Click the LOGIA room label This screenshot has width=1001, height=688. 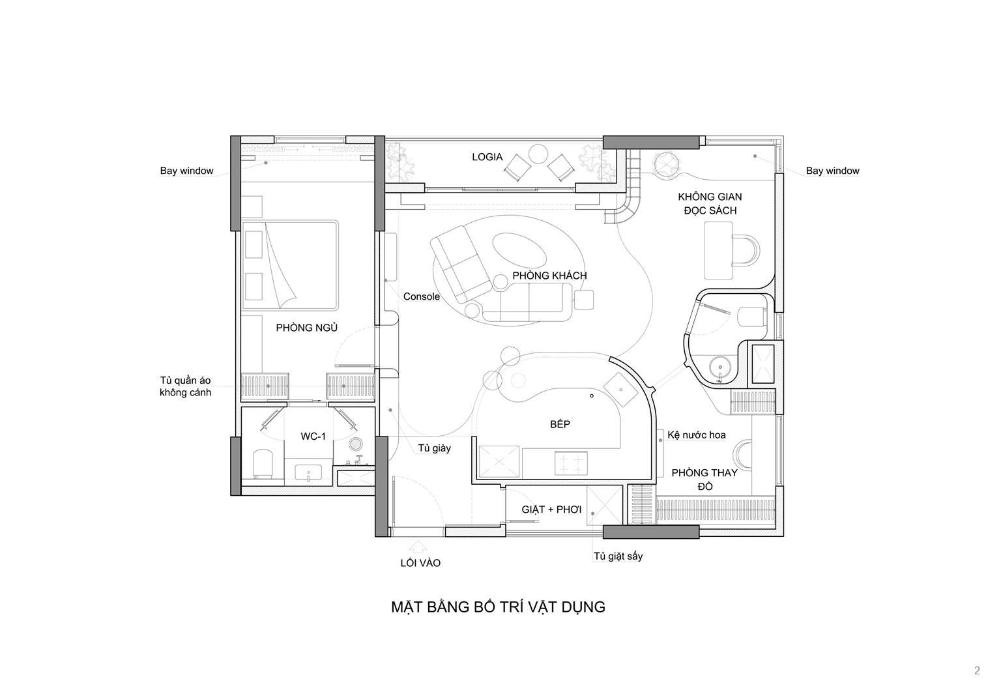(x=487, y=157)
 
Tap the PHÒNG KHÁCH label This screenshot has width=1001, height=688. (x=549, y=276)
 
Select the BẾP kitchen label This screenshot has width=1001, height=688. (x=560, y=424)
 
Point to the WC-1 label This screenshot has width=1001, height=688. (x=313, y=437)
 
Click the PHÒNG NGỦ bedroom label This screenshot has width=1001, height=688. (x=306, y=328)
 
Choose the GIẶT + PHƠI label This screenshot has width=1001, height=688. (x=551, y=509)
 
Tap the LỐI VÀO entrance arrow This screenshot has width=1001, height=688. (x=417, y=547)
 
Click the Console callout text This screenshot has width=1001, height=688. (x=422, y=296)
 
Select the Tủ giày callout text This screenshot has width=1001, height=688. (x=435, y=448)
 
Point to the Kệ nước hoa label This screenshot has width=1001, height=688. (x=697, y=435)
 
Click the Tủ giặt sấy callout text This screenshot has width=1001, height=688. (x=618, y=556)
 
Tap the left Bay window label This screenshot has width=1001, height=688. (x=187, y=171)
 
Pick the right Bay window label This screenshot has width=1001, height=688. (x=832, y=171)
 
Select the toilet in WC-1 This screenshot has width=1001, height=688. (x=263, y=464)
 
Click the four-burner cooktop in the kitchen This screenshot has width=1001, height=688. (x=571, y=463)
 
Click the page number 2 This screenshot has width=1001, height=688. (x=978, y=670)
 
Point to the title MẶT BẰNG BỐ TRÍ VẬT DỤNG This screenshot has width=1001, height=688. (x=499, y=607)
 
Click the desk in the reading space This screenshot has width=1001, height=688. (x=718, y=251)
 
